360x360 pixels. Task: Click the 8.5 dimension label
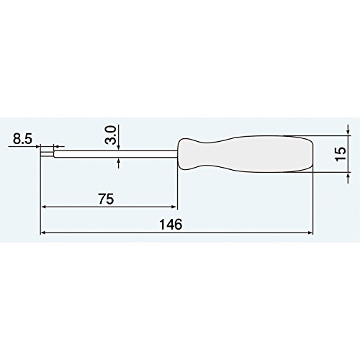[22, 139]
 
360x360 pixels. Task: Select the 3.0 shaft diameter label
[111, 135]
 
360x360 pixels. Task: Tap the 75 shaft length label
[106, 199]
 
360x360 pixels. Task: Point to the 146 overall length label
[171, 225]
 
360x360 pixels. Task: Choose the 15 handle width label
[341, 153]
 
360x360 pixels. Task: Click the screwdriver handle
[246, 154]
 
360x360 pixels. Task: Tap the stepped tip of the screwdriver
[48, 154]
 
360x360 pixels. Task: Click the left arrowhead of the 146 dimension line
[43, 233]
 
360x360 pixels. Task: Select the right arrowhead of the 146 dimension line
[310, 233]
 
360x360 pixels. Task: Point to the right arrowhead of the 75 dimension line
[174, 206]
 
